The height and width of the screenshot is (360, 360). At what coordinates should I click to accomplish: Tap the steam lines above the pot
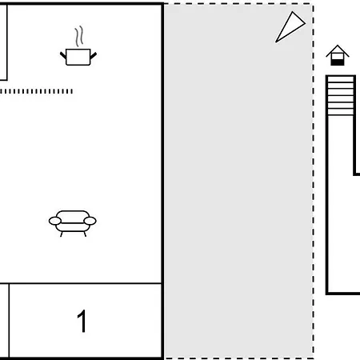tap(79, 36)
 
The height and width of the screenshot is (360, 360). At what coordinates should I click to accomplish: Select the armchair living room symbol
tap(73, 223)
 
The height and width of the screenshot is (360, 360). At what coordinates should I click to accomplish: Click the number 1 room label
tap(82, 321)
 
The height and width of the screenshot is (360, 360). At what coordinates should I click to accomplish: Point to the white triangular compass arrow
tap(290, 26)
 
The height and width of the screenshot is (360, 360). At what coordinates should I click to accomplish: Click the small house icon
tap(338, 55)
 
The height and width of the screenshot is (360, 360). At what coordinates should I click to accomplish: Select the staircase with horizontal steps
tap(341, 95)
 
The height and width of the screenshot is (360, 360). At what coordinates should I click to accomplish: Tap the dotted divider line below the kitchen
tap(36, 91)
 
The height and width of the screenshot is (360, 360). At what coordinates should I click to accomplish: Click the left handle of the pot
tap(63, 56)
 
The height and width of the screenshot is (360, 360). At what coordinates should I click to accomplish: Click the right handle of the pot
tap(94, 56)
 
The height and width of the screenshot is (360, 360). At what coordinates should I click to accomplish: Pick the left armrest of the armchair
tap(55, 221)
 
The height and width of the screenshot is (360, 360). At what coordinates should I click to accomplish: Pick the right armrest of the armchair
tap(90, 221)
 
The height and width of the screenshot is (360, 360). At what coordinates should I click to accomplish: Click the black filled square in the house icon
tap(338, 62)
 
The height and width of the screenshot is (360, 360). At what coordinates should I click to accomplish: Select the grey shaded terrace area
tap(238, 182)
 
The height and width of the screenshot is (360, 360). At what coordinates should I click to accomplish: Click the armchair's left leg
tap(62, 234)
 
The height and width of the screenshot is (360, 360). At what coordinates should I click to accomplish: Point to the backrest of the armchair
tap(73, 216)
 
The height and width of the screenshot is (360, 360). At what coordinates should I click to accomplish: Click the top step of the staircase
tap(341, 79)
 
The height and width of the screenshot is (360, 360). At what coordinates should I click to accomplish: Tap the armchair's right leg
tap(85, 234)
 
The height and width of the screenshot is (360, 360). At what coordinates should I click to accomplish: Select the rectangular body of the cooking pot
tap(78, 57)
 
